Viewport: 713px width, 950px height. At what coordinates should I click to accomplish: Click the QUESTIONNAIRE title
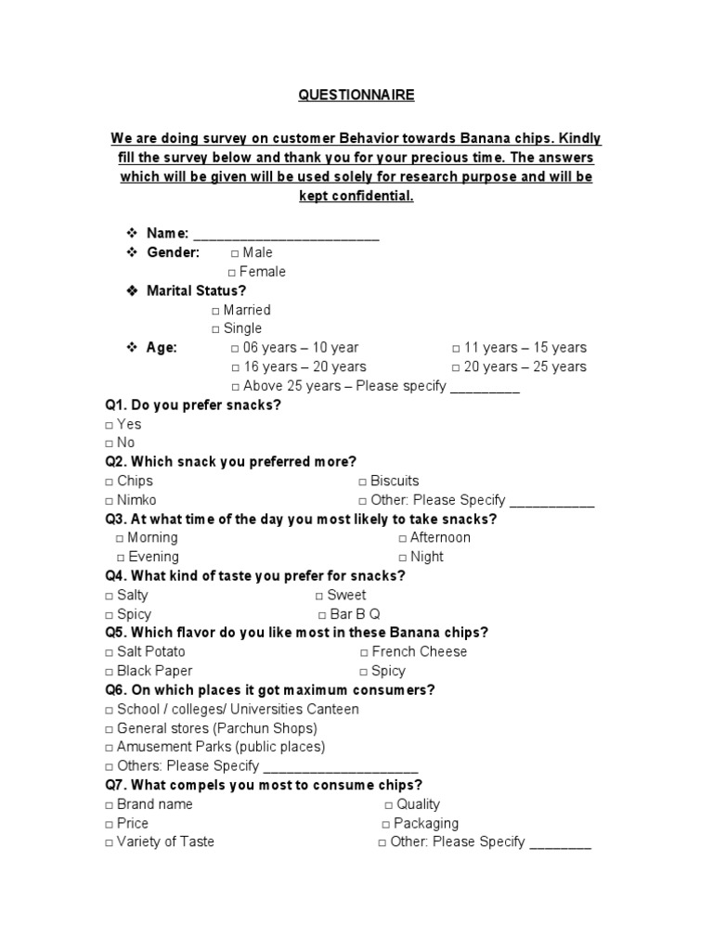pyautogui.click(x=356, y=95)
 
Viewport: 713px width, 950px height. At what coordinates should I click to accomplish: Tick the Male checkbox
pyautogui.click(x=235, y=253)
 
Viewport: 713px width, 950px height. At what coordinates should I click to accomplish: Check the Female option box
pyautogui.click(x=232, y=273)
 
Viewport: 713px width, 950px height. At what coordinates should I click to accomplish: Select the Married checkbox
pyautogui.click(x=215, y=311)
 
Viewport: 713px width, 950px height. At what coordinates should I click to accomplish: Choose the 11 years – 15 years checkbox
pyautogui.click(x=457, y=349)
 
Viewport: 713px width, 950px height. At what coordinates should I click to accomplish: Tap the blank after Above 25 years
pyautogui.click(x=485, y=387)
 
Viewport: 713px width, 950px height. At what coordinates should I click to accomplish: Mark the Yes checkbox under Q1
pyautogui.click(x=110, y=425)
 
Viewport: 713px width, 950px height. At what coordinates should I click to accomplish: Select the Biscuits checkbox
pyautogui.click(x=363, y=481)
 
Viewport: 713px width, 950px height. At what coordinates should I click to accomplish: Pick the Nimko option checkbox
pyautogui.click(x=110, y=501)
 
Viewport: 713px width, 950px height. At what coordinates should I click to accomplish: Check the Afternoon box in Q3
pyautogui.click(x=403, y=538)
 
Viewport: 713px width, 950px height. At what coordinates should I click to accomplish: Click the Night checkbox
pyautogui.click(x=403, y=558)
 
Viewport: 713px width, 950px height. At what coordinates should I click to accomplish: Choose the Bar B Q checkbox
pyautogui.click(x=322, y=615)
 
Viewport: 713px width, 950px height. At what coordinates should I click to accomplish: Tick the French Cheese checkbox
pyautogui.click(x=364, y=652)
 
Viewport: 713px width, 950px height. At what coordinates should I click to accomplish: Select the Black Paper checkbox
pyautogui.click(x=110, y=672)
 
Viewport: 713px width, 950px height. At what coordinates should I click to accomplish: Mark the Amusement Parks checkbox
pyautogui.click(x=110, y=748)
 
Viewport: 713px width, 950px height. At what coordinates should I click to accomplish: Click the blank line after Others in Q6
pyautogui.click(x=341, y=767)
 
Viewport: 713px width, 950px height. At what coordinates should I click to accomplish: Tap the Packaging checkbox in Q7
pyautogui.click(x=385, y=824)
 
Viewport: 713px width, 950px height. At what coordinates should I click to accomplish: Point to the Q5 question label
pyautogui.click(x=115, y=633)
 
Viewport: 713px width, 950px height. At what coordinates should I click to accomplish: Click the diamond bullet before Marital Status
pyautogui.click(x=132, y=291)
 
